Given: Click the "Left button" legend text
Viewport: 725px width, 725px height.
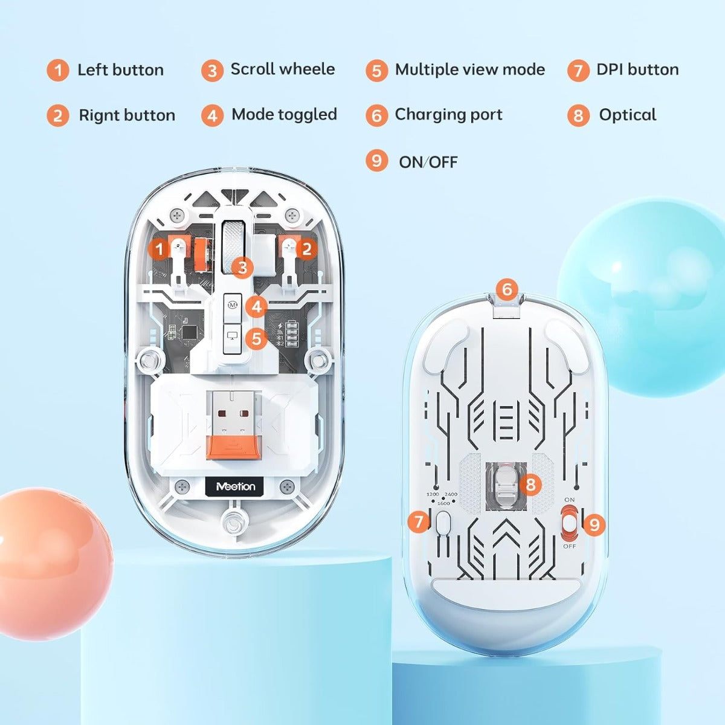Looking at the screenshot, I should coord(120,70).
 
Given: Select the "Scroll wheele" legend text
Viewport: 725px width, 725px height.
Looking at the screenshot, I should coord(282,69).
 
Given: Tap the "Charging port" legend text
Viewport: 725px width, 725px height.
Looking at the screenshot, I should coord(448,115).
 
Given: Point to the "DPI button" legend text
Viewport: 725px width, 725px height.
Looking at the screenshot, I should coord(637,69).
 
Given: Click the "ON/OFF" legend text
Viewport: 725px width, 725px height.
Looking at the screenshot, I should coord(428,162).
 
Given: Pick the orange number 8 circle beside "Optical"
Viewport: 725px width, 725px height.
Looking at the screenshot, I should coord(578,115).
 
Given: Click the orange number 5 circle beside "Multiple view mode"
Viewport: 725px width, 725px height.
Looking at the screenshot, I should coord(376,71).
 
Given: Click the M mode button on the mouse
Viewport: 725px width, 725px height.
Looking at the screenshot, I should coord(233,305).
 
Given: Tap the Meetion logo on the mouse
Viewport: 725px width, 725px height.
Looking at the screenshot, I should coord(235,486).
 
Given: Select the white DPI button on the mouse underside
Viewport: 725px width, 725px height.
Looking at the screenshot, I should coord(443,522).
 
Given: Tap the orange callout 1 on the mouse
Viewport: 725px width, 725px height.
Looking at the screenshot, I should coord(159,249).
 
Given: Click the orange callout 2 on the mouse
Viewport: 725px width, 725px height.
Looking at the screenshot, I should coord(306,249).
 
